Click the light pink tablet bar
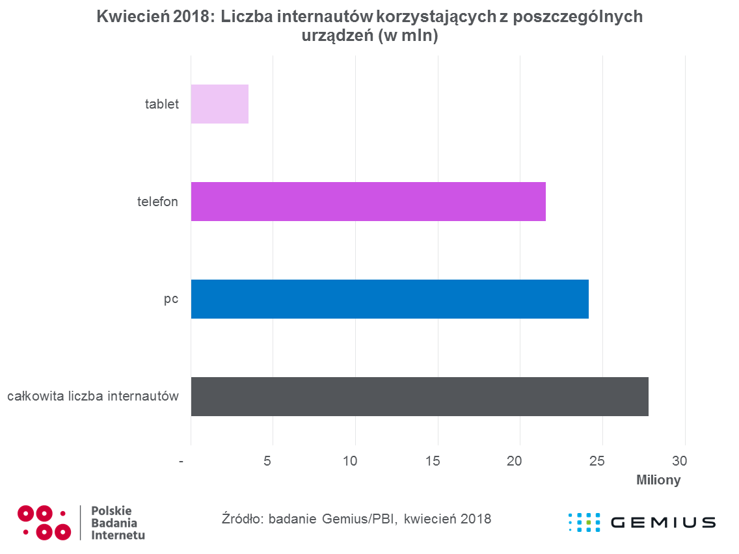220,104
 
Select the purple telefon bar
368,202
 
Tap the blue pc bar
390,299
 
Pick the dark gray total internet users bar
420,397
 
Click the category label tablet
161,104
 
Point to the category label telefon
157,202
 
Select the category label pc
171,300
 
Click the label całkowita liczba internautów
93,396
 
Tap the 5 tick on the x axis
267,461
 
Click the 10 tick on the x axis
350,461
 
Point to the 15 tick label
432,461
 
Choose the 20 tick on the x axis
514,461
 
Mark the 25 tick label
597,461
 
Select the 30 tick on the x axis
679,461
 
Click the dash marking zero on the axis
181,462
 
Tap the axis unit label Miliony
658,480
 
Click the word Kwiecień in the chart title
133,16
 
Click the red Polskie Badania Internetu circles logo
44,522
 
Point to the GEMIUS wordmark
663,522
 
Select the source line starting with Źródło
356,519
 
